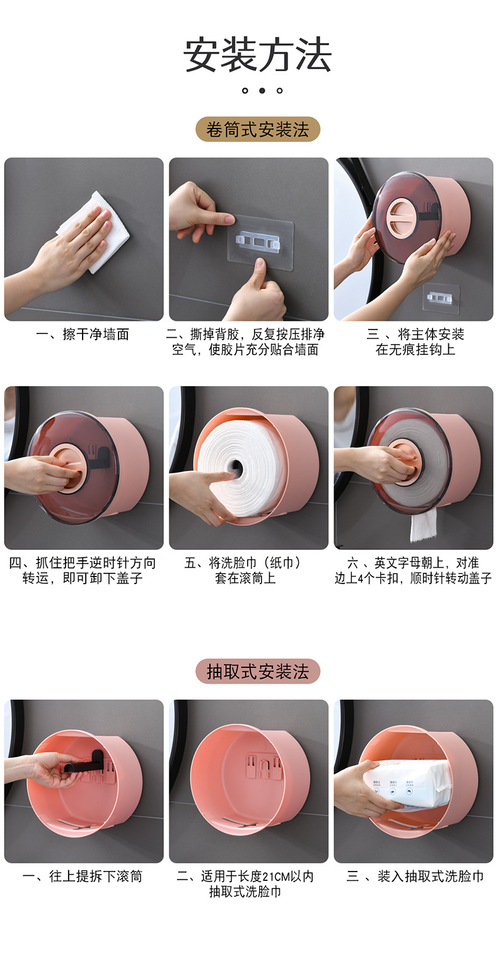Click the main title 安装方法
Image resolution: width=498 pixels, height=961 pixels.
(257, 55)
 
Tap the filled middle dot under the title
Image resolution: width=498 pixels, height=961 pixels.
(262, 91)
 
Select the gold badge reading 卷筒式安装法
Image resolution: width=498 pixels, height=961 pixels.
(257, 130)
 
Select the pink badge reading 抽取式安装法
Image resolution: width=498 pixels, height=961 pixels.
(257, 672)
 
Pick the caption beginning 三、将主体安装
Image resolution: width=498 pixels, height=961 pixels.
(415, 342)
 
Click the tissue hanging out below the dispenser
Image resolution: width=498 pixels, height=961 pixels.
(423, 524)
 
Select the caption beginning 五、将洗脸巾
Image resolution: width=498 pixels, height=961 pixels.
(248, 570)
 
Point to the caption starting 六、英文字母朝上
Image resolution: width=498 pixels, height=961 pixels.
(414, 570)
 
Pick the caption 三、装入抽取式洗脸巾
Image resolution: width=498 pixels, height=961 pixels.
(415, 877)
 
